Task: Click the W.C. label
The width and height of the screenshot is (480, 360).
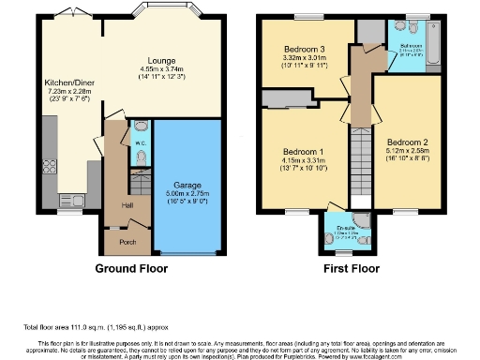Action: (x=139, y=143)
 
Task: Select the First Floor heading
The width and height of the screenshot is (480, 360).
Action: (x=354, y=268)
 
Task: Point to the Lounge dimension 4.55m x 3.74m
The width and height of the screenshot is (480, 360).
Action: (x=154, y=67)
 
